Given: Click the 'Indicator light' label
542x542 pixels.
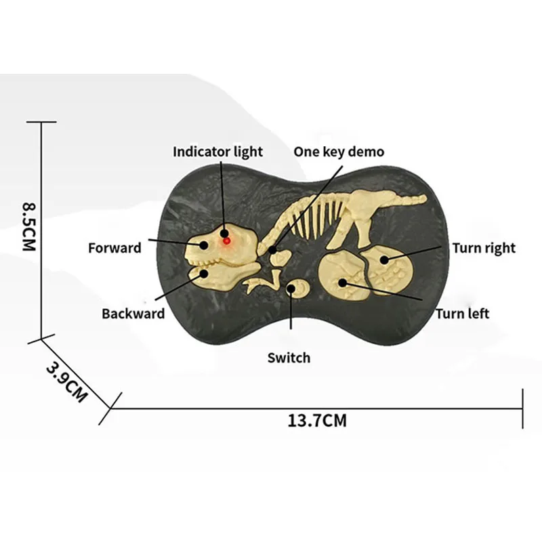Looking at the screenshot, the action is coord(217,152).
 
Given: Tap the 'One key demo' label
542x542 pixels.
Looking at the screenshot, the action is coord(339,152).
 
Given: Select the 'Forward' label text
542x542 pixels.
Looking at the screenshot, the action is coord(114,248).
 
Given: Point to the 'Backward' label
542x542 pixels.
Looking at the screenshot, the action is coord(133,314).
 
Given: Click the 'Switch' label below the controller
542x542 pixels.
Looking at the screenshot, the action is coord(289,358).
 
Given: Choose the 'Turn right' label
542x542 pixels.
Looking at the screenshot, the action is coord(484,248).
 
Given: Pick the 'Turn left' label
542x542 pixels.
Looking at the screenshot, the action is coord(463,314).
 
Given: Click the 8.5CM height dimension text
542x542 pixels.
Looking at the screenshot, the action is coord(29,226).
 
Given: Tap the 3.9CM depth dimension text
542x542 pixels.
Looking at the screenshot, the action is coord(66,382).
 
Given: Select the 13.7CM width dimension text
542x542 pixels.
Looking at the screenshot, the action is coord(317,421).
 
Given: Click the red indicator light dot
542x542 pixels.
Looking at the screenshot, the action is coord(226,241).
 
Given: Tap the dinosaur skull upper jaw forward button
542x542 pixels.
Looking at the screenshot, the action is coord(222,246).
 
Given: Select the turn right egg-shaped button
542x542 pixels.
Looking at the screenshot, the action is coord(387,270).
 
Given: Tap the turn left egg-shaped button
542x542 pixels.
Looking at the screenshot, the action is coord(342,276).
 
